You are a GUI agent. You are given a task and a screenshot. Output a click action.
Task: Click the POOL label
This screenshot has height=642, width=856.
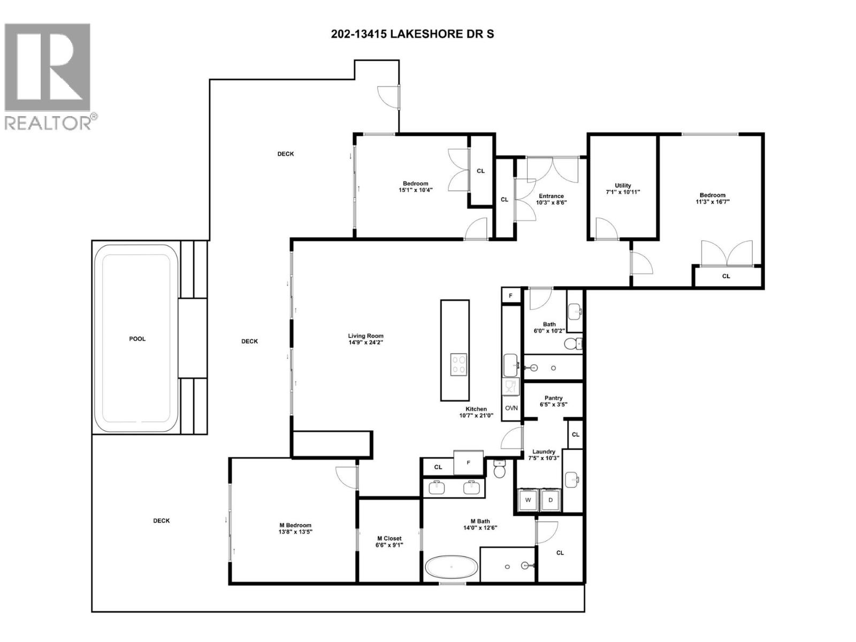[x=137, y=339]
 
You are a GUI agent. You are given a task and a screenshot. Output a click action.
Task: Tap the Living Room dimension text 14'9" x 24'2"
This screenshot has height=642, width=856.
[x=365, y=342]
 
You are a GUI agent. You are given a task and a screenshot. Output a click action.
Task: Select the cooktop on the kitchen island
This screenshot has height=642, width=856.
[x=458, y=364]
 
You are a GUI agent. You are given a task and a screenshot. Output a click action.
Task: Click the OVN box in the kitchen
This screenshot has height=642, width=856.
[x=511, y=408]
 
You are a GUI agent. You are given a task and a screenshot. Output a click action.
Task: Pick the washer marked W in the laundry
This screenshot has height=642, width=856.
[x=528, y=500]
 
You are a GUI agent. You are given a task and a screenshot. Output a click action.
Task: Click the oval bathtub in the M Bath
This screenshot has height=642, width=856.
[x=452, y=567]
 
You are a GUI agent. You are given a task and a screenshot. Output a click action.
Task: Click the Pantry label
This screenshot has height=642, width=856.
[x=553, y=398]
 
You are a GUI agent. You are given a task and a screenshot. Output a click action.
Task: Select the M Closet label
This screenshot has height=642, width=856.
[x=389, y=538]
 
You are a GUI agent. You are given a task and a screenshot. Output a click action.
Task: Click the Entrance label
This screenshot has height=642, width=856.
[x=551, y=196]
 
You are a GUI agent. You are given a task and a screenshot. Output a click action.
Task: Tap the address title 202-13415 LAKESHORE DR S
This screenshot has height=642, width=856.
[x=412, y=34]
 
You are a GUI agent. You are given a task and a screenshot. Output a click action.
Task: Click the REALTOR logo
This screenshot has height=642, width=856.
[x=48, y=75]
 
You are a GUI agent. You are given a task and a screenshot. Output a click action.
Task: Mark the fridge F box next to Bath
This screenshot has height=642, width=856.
[x=510, y=295]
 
